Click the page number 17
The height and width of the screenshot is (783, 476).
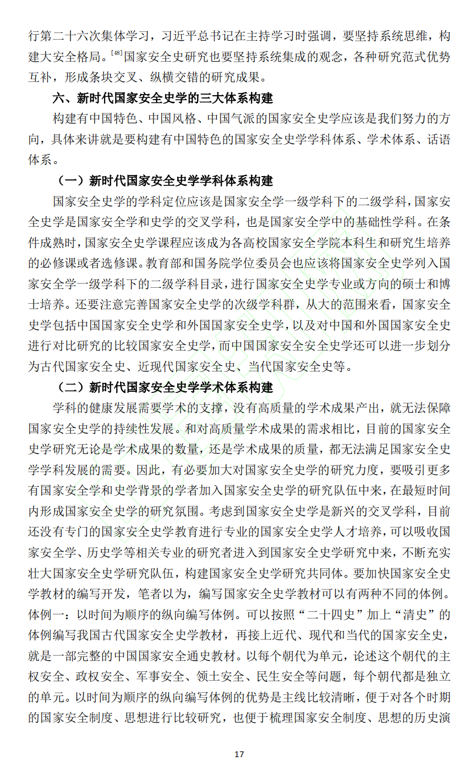click(x=239, y=754)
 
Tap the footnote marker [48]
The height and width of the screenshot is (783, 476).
click(x=117, y=53)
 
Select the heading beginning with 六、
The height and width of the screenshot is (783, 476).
click(x=163, y=98)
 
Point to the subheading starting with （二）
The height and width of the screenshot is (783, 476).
click(x=166, y=387)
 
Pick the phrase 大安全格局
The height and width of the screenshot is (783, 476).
click(x=72, y=57)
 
